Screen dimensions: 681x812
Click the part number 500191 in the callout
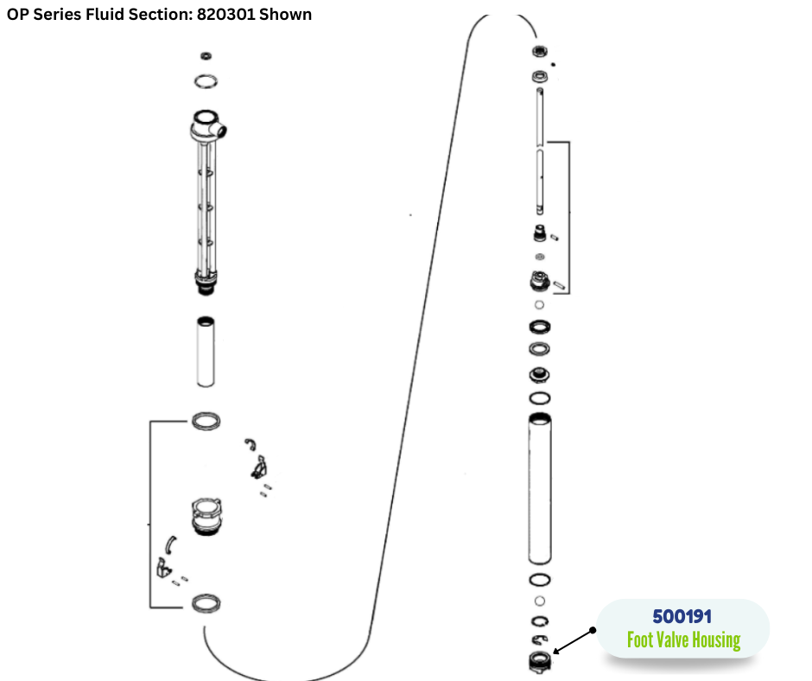tap(682, 618)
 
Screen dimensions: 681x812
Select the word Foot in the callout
tap(641, 640)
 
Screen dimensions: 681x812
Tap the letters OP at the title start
tap(18, 15)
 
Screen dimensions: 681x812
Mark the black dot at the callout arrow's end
tap(594, 630)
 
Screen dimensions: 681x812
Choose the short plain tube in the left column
tap(205, 351)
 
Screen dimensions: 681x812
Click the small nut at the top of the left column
tap(205, 56)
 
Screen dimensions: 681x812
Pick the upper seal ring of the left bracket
tap(205, 421)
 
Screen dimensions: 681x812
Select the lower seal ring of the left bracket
tap(205, 602)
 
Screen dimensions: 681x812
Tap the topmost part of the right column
tap(541, 51)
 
